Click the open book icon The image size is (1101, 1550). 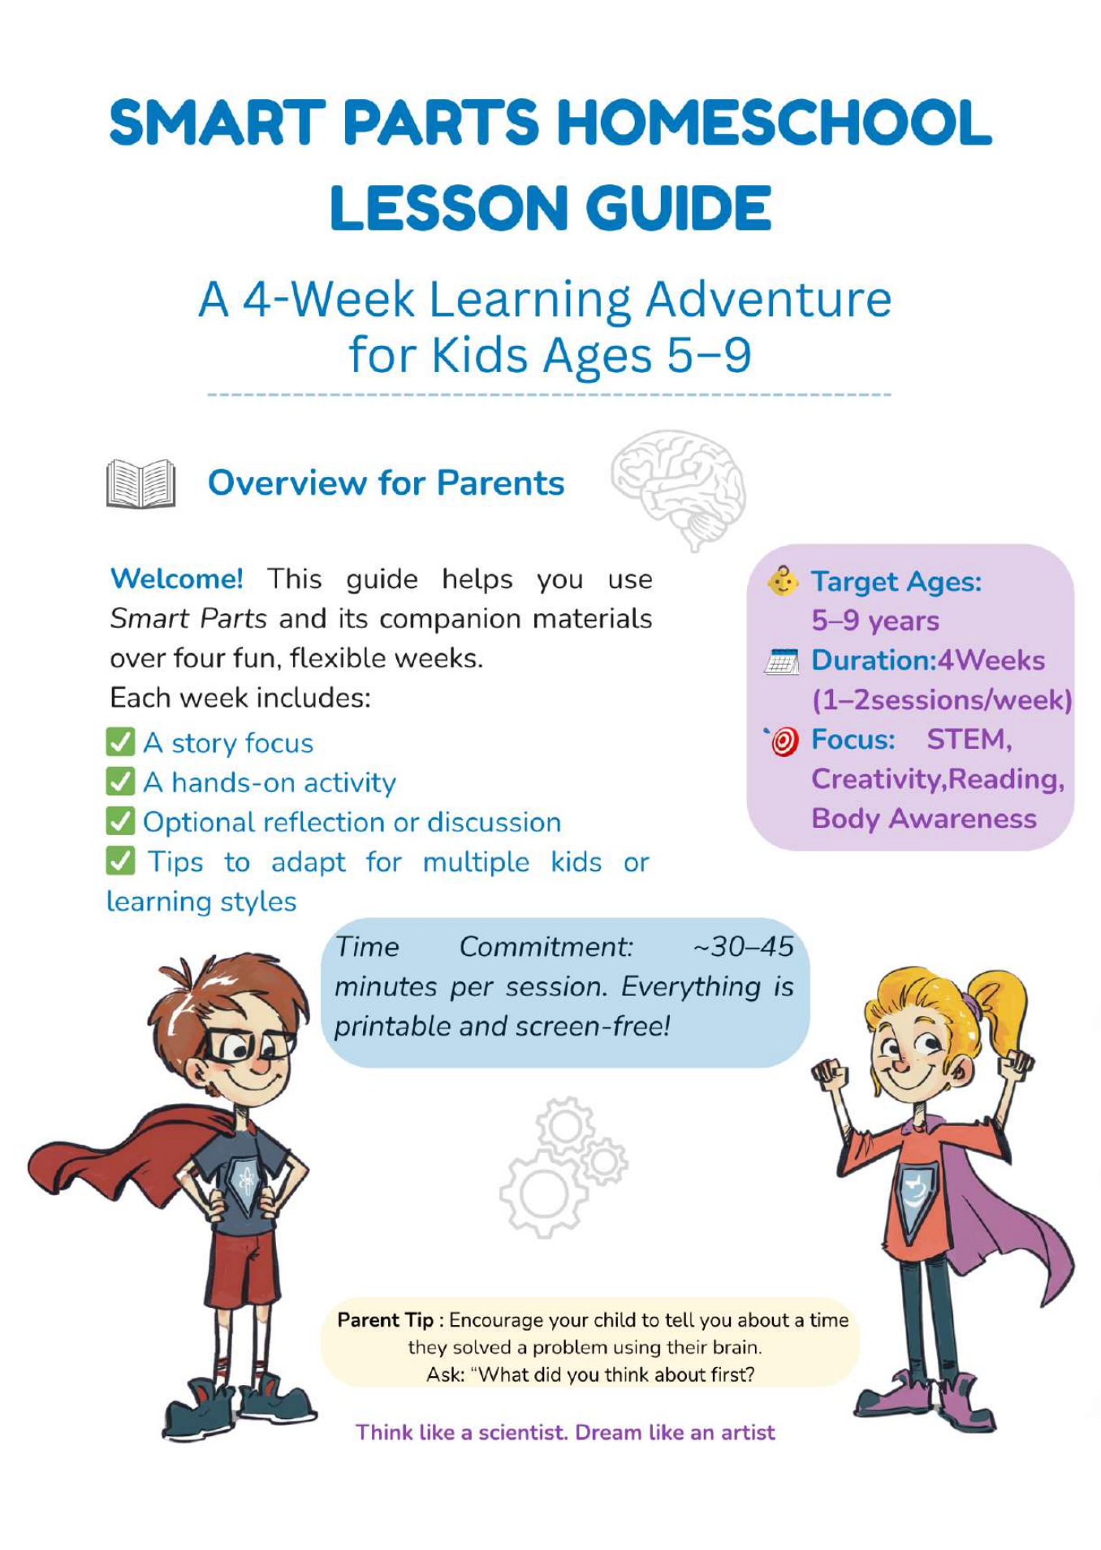(x=140, y=483)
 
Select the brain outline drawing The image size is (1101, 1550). (x=679, y=487)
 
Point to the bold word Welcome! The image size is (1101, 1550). (x=176, y=579)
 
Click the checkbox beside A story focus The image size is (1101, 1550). (x=120, y=743)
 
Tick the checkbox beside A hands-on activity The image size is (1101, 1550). (x=120, y=781)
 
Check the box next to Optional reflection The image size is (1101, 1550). (x=120, y=821)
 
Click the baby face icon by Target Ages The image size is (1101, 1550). (x=783, y=582)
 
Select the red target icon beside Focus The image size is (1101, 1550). (x=783, y=741)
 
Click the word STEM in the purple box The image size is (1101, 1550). (x=968, y=739)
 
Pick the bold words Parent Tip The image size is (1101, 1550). (x=386, y=1320)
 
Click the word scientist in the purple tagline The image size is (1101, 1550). (x=522, y=1432)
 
